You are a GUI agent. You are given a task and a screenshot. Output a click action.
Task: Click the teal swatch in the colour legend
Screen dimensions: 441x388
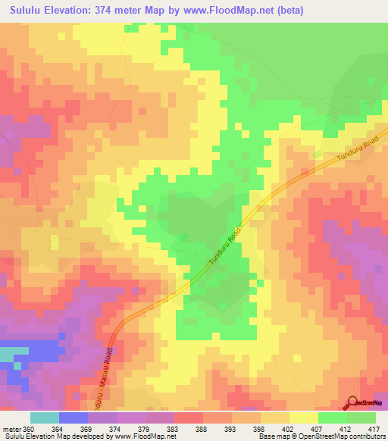click(x=45, y=418)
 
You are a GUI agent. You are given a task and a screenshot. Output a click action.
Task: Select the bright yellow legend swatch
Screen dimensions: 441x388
click(x=304, y=418)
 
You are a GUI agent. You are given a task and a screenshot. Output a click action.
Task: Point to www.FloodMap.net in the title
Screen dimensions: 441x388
click(x=224, y=10)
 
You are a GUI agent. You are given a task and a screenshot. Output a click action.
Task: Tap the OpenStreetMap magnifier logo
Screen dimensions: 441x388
click(x=352, y=403)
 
